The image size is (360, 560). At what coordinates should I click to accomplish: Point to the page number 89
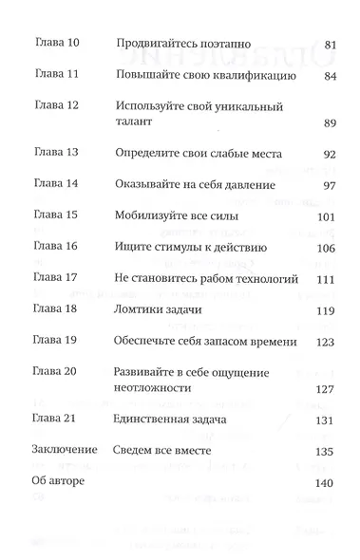[x=331, y=123]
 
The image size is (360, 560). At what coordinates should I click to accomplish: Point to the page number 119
[x=328, y=309]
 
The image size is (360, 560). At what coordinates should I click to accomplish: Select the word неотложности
[x=152, y=387]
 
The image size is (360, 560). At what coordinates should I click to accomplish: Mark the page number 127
[x=328, y=387]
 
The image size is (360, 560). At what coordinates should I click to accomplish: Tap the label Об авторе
[x=58, y=481]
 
